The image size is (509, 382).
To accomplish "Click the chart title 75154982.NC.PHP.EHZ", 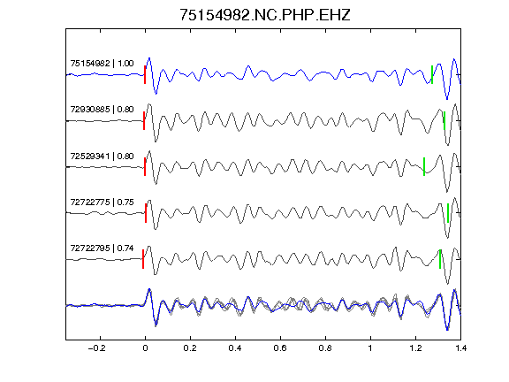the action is [x=265, y=15].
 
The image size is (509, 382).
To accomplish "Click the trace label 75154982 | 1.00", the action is [x=102, y=63].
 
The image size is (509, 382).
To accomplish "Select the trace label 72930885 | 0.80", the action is [x=102, y=110].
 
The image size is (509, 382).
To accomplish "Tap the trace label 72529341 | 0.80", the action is [x=102, y=157].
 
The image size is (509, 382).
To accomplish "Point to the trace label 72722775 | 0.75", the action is [x=102, y=202].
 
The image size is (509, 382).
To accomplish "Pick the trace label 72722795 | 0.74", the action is [x=102, y=248].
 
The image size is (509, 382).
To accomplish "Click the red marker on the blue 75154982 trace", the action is [x=145, y=74].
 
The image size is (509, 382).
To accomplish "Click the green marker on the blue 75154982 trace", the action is [x=432, y=74].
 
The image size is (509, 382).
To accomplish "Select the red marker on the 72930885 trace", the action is [x=144, y=121].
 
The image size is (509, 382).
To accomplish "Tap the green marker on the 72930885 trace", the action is [x=444, y=121].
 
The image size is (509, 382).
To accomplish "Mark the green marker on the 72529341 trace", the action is [x=424, y=166].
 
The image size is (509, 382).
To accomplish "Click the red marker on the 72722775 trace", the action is [x=146, y=213].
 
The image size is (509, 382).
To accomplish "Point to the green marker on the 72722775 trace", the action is [x=448, y=213].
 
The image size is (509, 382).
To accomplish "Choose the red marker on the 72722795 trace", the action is [x=143, y=259].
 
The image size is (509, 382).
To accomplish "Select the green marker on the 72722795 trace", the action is [x=440, y=259].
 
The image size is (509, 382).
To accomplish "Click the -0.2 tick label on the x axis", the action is [x=97, y=348].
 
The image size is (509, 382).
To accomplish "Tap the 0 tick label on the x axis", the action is [x=145, y=348].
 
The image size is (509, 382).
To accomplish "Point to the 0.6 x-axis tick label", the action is [x=280, y=348].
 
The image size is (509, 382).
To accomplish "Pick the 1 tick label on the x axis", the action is [x=370, y=348].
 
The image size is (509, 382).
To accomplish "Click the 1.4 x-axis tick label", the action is [x=460, y=348].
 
